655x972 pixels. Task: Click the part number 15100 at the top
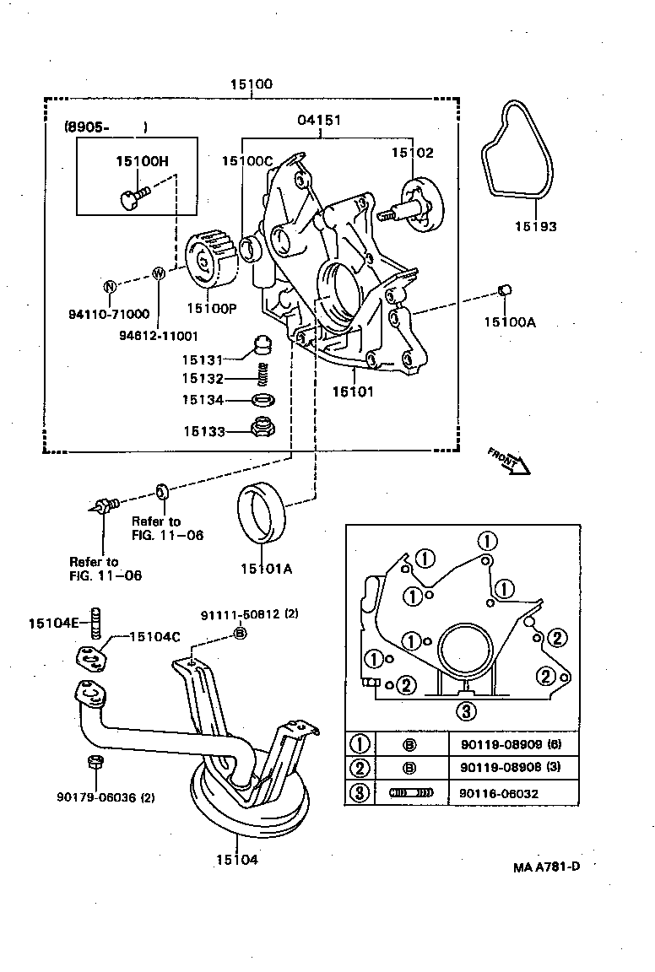(252, 84)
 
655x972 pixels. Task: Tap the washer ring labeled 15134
(263, 399)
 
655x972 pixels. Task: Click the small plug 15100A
(506, 291)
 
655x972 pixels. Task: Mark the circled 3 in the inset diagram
(464, 710)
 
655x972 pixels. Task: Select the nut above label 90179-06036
(95, 764)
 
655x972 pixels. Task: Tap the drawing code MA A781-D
(547, 867)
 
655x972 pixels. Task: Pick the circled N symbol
(110, 286)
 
